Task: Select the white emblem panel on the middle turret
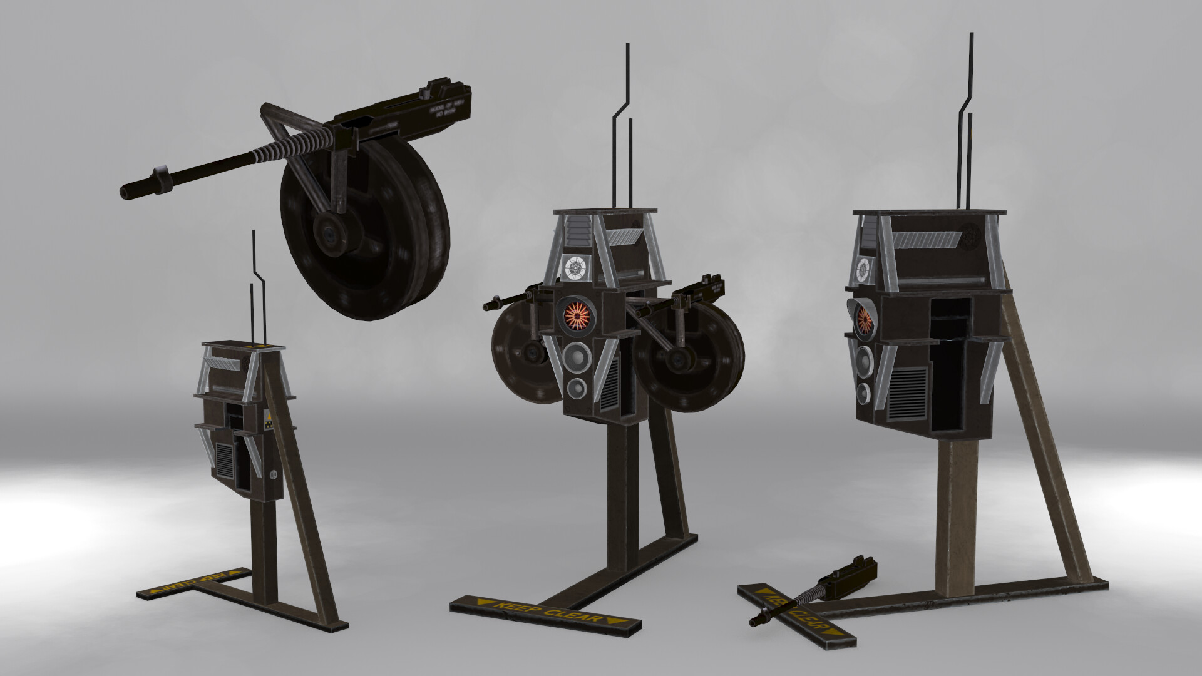(x=575, y=269)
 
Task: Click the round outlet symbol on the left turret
(x=273, y=475)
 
